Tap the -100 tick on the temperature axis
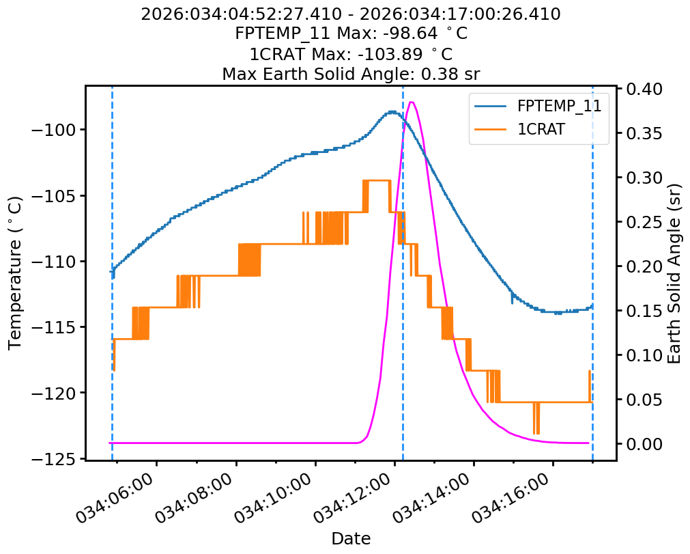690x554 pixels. tap(56, 130)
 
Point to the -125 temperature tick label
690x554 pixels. tap(56, 459)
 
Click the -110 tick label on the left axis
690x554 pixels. tap(56, 262)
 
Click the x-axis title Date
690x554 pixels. tap(351, 538)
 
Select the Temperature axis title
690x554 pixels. tap(15, 273)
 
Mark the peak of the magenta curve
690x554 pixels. tap(412, 102)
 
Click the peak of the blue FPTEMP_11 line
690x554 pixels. tap(392, 111)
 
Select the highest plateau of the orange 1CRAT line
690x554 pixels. tap(377, 180)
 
